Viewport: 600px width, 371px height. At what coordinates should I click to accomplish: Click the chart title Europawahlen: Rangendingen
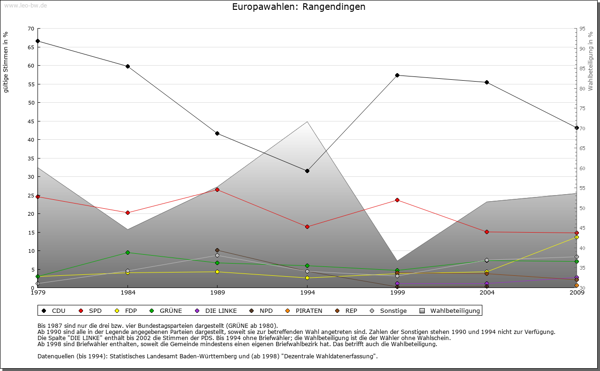click(299, 7)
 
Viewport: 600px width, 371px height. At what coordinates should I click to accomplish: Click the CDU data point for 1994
click(307, 171)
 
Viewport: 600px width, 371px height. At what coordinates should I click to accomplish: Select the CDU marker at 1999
click(397, 75)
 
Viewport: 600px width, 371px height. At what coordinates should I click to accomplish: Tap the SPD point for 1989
click(217, 189)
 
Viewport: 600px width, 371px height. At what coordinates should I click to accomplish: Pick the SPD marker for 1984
click(127, 212)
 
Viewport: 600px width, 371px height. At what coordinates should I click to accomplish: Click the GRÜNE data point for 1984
click(127, 252)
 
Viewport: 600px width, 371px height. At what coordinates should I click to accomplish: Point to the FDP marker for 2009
click(577, 237)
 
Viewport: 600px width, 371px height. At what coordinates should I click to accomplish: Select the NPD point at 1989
click(217, 250)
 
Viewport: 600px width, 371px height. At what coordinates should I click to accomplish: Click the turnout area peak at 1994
click(307, 122)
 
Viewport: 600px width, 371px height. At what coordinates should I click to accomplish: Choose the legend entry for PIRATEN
click(304, 310)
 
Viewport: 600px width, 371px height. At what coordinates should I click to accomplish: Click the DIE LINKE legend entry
click(216, 310)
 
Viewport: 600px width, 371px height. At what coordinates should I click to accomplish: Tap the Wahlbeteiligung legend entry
click(450, 310)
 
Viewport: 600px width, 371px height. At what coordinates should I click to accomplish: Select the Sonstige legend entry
click(389, 310)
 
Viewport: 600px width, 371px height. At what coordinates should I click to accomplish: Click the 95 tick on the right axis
click(582, 29)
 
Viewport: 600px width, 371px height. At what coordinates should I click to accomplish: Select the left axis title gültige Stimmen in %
click(6, 62)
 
